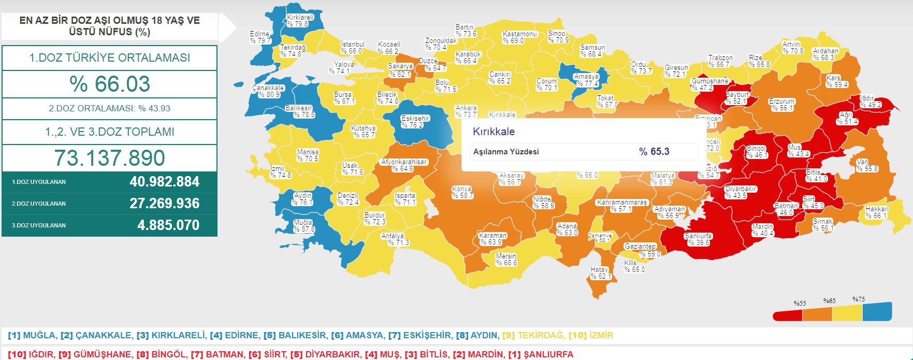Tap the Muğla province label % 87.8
click(303, 226)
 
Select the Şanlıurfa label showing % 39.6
click(698, 239)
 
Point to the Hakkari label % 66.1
click(877, 212)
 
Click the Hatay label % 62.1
click(600, 273)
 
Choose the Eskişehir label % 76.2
click(415, 122)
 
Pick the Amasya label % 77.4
click(586, 80)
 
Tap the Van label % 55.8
click(867, 165)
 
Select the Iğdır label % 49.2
click(869, 102)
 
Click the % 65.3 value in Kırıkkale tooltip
click(654, 151)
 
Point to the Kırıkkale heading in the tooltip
click(494, 132)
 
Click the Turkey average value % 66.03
click(110, 84)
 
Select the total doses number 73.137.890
click(110, 158)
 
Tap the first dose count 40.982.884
click(164, 182)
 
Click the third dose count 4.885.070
click(168, 225)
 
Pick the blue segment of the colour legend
click(877, 311)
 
